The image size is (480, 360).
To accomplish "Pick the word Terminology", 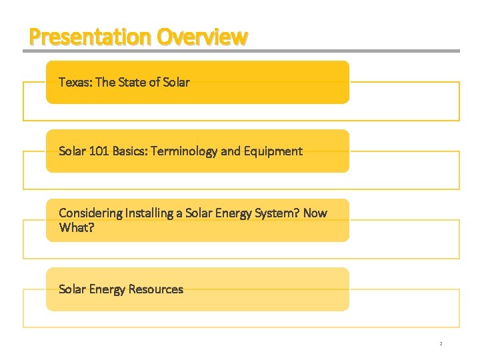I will point(184,151).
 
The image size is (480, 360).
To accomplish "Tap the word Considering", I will point(91,213).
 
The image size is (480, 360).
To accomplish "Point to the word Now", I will point(315,213).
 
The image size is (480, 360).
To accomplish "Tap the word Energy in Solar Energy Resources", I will point(107,289).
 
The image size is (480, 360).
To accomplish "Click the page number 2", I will point(441,344).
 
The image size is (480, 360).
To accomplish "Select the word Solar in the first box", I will point(174,82).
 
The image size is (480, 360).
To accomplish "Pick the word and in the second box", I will point(230,151).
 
